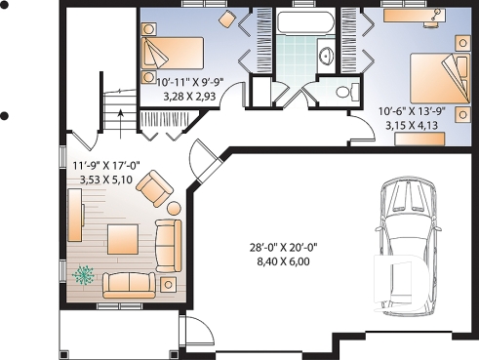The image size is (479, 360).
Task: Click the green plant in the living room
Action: point(85,276)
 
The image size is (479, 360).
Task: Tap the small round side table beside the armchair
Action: point(173,207)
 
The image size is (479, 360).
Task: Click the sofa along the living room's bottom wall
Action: point(131,284)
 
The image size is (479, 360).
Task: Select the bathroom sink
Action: point(327,56)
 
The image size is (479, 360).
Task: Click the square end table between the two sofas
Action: point(169,282)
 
